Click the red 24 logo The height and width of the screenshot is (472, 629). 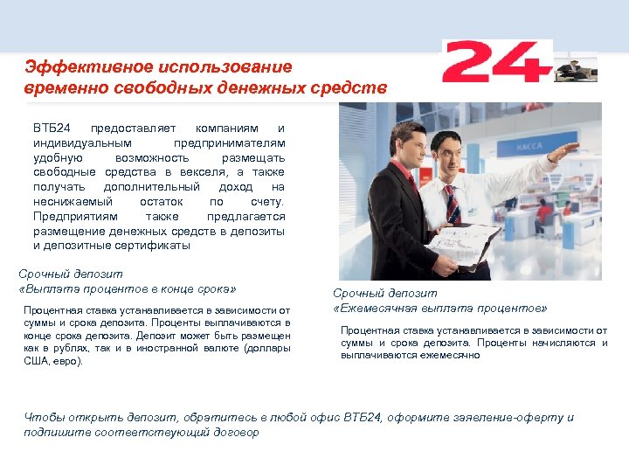point(496,62)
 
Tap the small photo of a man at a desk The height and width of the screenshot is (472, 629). point(576,66)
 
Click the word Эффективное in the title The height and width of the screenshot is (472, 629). point(76,66)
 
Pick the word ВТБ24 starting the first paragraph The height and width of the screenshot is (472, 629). point(52,128)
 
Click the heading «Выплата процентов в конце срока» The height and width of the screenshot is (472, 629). point(128,289)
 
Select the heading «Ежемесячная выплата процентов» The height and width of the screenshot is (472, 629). point(440,309)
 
